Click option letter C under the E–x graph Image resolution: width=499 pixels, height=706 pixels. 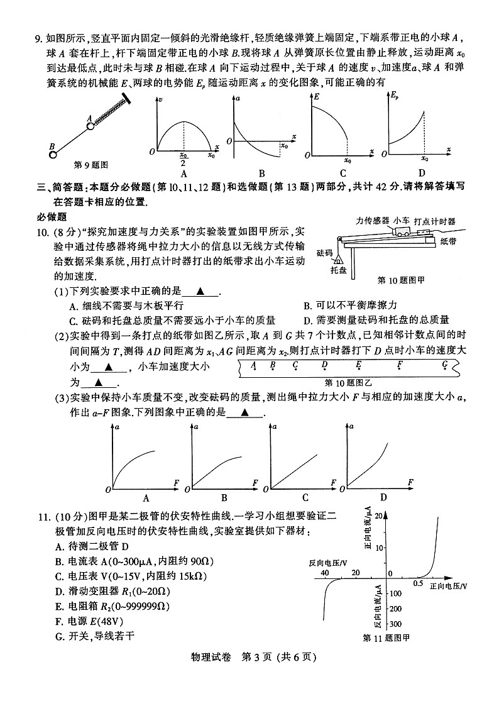click(343, 174)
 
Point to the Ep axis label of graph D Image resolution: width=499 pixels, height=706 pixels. click(395, 96)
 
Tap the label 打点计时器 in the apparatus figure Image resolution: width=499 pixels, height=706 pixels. click(435, 221)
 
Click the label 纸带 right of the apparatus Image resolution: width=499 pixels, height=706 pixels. click(449, 241)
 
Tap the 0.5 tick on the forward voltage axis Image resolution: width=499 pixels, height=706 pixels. click(417, 584)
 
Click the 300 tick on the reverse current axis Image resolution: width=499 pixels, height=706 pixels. click(396, 624)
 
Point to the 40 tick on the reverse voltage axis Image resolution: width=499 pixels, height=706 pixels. click(325, 573)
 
